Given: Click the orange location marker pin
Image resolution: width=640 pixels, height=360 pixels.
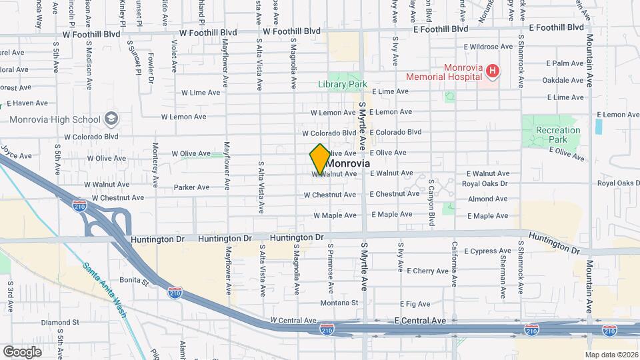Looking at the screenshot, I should point(320,159).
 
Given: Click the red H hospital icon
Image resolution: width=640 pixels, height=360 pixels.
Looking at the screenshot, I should point(492,70).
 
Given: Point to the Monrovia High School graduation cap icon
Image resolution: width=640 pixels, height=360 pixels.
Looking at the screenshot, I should point(111,119).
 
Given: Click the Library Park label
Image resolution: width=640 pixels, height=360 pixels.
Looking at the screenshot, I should point(343,85).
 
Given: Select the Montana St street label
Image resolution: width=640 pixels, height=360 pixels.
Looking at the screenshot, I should point(339,302).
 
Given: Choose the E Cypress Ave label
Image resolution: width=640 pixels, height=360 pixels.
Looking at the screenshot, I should point(489,251).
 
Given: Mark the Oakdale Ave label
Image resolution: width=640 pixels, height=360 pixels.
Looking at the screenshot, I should point(563,80).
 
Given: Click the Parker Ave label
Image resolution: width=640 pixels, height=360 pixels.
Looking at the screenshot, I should point(192,187).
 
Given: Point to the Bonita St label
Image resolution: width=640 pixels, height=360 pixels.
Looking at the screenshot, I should point(133,281).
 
